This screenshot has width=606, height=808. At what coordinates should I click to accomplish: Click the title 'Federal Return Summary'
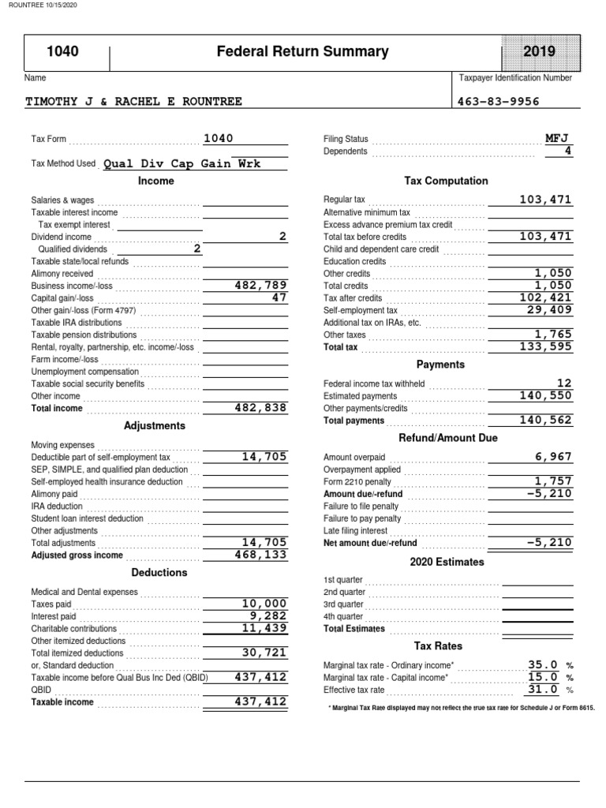click(x=303, y=52)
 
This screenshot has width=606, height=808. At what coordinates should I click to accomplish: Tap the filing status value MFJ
click(x=556, y=138)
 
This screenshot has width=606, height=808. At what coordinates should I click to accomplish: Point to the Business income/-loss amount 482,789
click(x=261, y=285)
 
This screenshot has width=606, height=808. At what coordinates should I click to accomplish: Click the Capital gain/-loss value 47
click(x=279, y=297)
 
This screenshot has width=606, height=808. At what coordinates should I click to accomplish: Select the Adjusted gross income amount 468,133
click(x=261, y=554)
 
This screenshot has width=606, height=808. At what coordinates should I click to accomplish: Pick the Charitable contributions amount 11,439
click(x=264, y=628)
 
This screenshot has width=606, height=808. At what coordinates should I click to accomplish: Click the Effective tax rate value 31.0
click(x=543, y=688)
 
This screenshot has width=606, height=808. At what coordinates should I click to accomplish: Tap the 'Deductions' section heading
click(x=159, y=572)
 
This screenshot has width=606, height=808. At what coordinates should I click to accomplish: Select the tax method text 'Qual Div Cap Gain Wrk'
click(x=181, y=164)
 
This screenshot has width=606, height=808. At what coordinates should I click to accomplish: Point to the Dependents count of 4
click(x=567, y=151)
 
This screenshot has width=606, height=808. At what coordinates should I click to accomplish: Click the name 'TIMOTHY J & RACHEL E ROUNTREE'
click(x=134, y=101)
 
